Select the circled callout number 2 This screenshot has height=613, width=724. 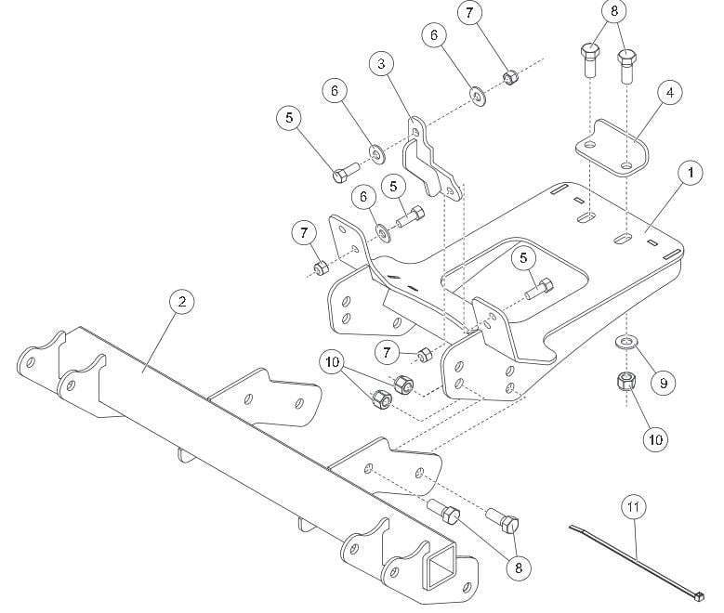click(x=182, y=301)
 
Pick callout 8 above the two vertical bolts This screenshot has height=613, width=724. click(x=612, y=14)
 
